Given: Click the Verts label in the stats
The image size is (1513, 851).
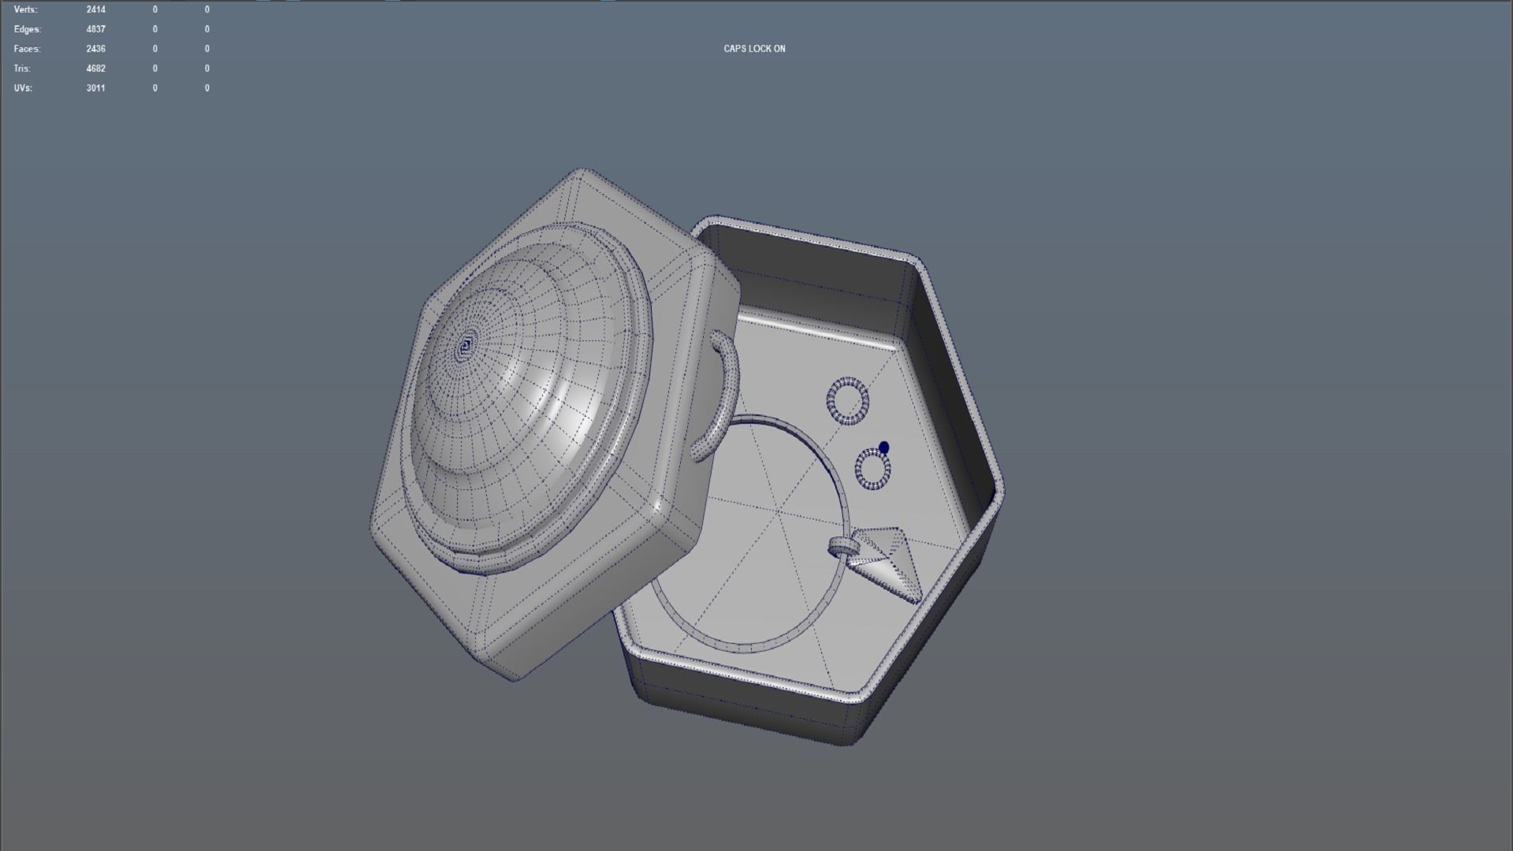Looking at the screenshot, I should [x=25, y=9].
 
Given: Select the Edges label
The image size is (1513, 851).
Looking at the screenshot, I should [x=27, y=29].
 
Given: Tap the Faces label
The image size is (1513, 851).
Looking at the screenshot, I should [x=27, y=49].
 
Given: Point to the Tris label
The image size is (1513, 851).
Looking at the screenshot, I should [x=22, y=69].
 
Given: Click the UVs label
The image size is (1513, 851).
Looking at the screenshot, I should [x=23, y=88].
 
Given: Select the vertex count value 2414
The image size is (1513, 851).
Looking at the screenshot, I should [x=95, y=9].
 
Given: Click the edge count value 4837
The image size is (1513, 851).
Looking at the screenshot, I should [x=95, y=29].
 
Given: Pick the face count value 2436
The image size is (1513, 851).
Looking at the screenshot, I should [x=95, y=49].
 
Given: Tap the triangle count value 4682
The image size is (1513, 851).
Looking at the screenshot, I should [x=95, y=69].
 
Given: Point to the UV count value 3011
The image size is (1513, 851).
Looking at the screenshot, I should [x=95, y=88].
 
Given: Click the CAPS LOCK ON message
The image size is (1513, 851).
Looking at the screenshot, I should [x=754, y=49].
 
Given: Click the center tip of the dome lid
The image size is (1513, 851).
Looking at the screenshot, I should [x=466, y=345].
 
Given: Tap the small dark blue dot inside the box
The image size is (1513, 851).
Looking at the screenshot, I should [x=883, y=448].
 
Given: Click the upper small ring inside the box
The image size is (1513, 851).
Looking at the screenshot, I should [x=848, y=400].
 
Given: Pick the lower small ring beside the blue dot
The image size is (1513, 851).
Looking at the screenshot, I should [x=872, y=470].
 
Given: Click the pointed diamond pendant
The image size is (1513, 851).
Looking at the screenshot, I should [x=887, y=562].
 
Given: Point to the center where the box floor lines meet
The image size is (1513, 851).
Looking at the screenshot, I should [x=779, y=512].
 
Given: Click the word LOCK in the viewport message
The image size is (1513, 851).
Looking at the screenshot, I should [x=760, y=49].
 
